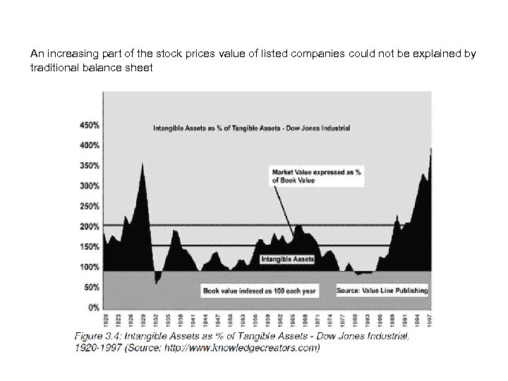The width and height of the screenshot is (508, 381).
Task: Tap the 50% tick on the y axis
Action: [90, 288]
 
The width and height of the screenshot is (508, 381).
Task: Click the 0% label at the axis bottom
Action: [92, 308]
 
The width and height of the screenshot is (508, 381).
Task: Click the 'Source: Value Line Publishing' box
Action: [382, 290]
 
